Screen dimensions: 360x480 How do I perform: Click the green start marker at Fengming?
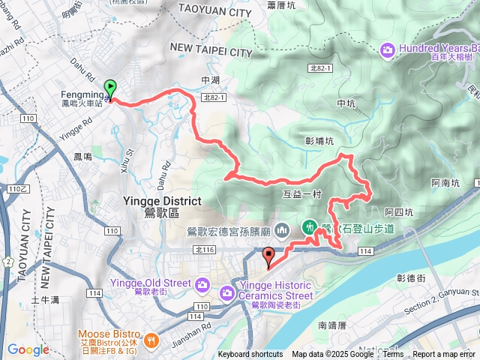click(x=109, y=88)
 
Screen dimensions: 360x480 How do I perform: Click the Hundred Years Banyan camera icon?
click(x=388, y=50)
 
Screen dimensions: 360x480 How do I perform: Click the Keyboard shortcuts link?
click(x=250, y=355)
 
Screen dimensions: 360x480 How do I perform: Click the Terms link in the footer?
click(x=393, y=355)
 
